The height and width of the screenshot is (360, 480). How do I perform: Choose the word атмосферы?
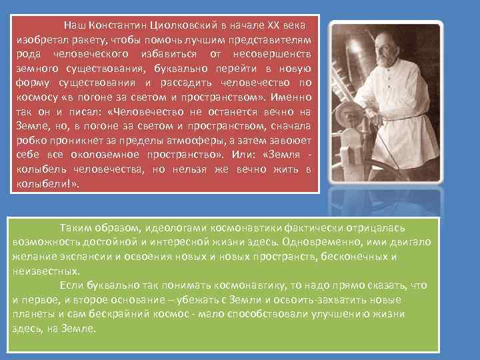point(189,141)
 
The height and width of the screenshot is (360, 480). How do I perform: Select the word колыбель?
point(39,169)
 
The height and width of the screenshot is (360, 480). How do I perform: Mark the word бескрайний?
point(152,314)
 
